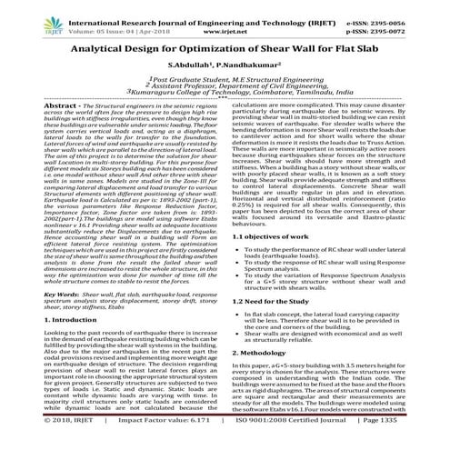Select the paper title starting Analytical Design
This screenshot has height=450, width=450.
pos(225,55)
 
